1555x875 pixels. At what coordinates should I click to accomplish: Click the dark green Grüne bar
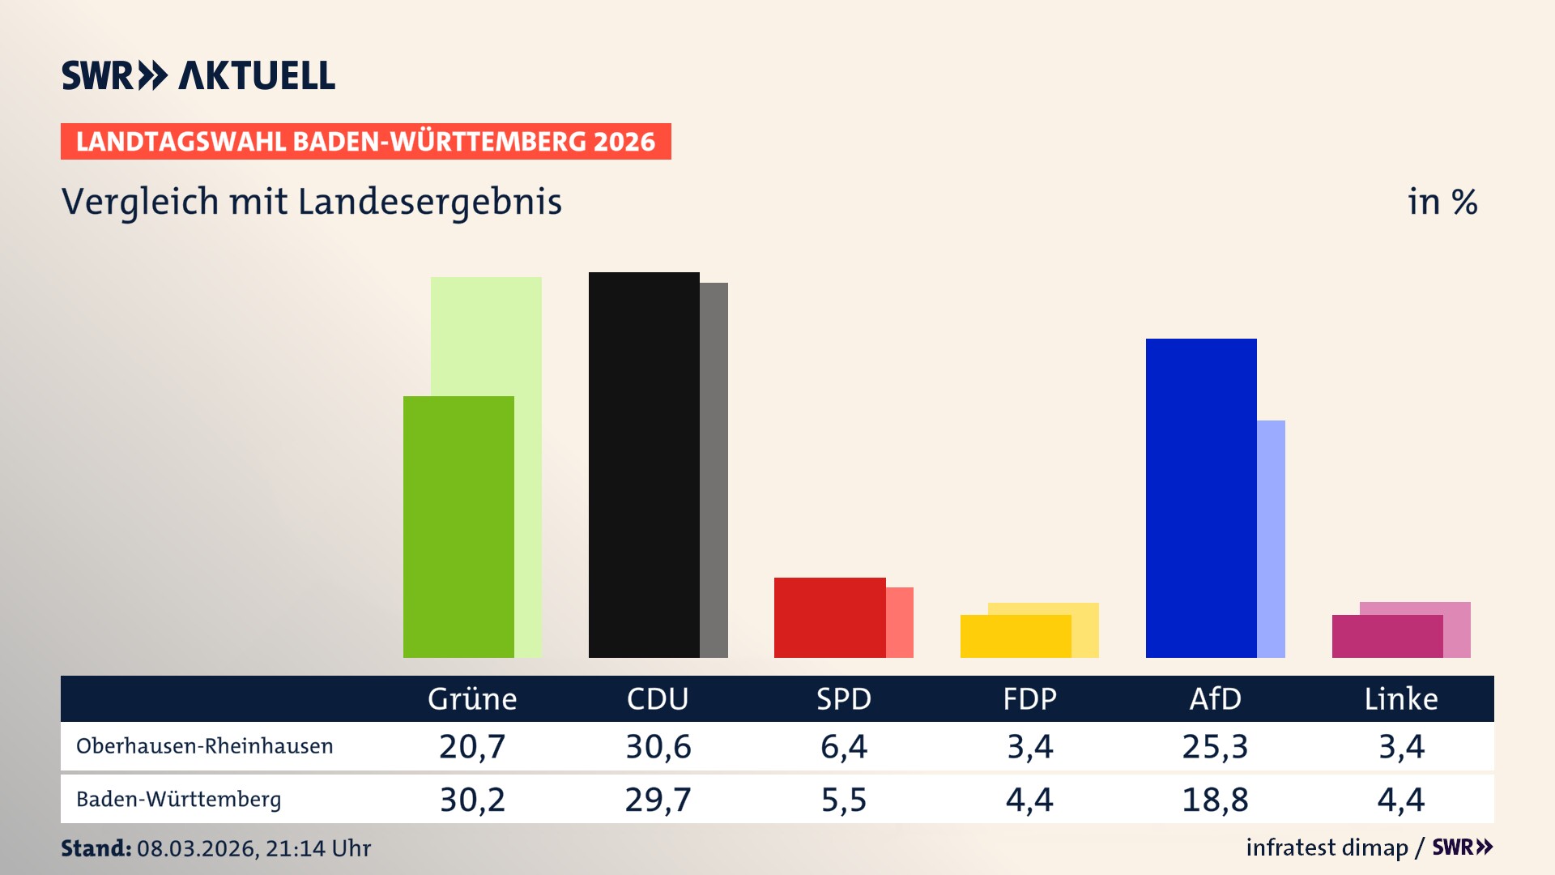tap(458, 527)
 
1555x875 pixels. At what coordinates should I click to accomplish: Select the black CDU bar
tap(644, 465)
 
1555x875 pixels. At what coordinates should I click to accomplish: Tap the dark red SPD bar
tap(829, 617)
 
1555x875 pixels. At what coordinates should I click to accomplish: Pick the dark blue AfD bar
tap(1201, 497)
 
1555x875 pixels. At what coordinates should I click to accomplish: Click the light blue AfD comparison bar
tap(1271, 539)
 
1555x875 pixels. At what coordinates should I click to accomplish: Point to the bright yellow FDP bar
tap(1016, 636)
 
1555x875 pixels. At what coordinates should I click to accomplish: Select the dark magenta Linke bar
tap(1387, 636)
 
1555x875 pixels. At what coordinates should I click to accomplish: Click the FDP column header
tap(1029, 698)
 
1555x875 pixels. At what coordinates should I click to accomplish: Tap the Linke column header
tap(1400, 698)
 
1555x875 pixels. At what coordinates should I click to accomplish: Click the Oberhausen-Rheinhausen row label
tap(204, 746)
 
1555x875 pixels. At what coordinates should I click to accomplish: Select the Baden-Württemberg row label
tap(178, 800)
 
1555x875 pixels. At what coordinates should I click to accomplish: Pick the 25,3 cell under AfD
tap(1215, 746)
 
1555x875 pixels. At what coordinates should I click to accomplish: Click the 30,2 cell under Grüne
tap(472, 800)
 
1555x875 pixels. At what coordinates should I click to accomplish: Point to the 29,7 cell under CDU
tap(658, 800)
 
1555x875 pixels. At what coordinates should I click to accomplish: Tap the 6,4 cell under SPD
tap(843, 746)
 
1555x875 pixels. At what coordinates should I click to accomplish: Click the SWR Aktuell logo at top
tap(198, 75)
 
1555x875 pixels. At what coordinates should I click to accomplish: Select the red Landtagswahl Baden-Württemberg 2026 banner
tap(365, 142)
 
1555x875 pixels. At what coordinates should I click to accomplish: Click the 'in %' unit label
tap(1442, 202)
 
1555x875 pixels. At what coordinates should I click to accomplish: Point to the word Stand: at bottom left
tap(96, 848)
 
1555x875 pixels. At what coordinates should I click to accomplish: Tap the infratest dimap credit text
tap(1327, 847)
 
